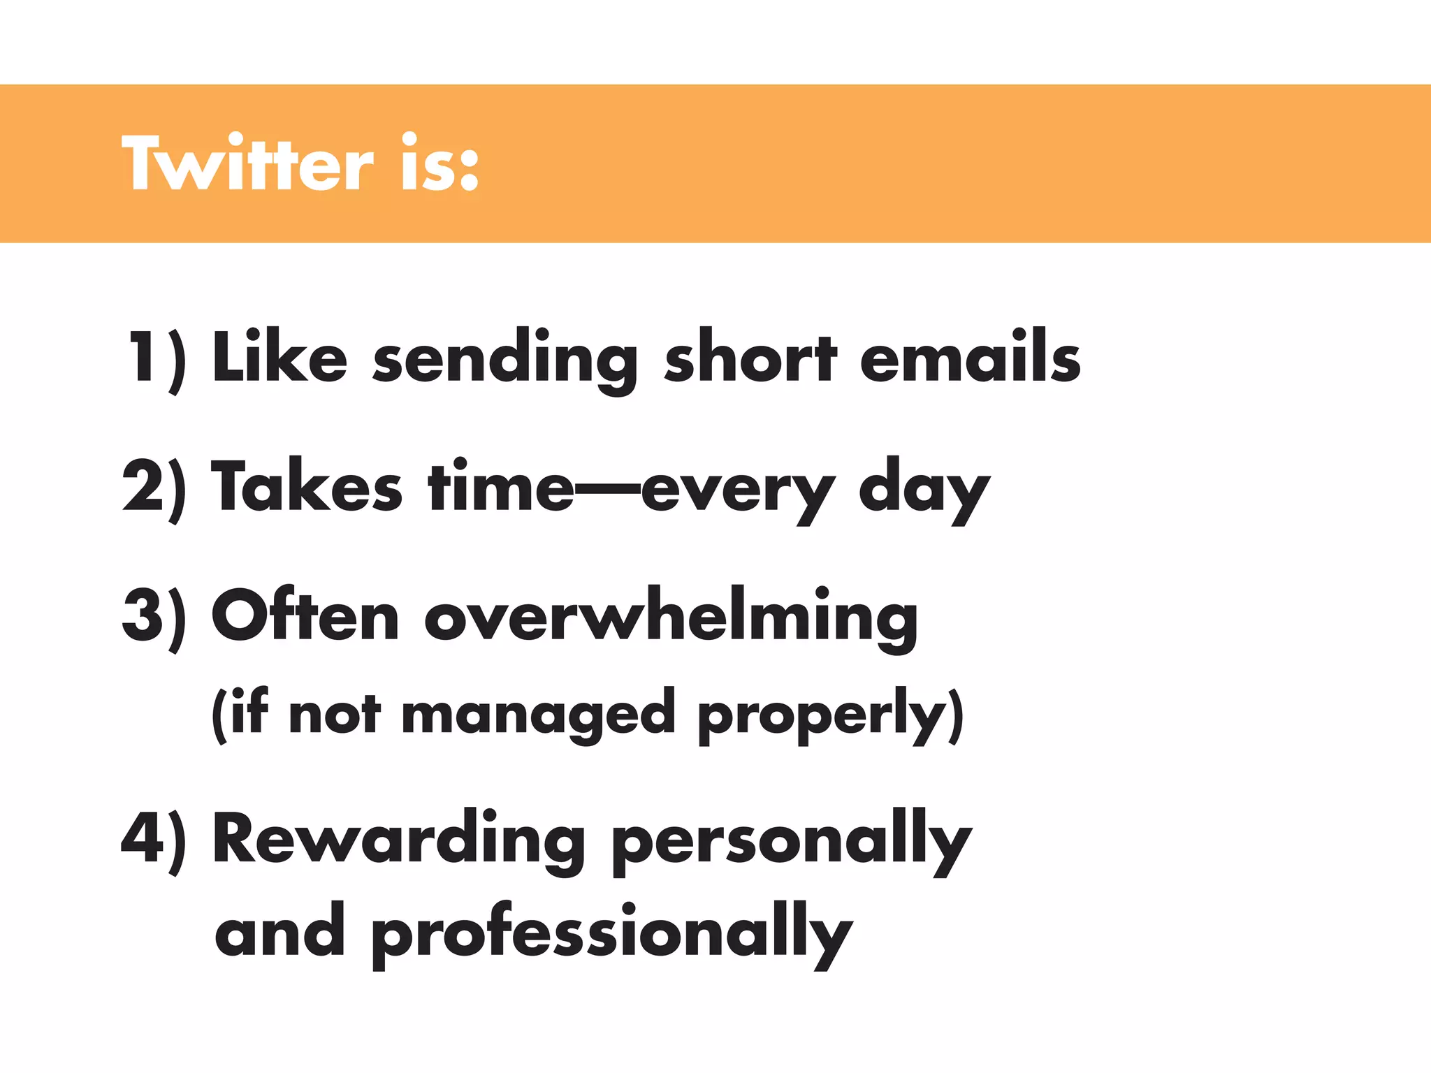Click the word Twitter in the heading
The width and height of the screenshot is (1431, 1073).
point(248,163)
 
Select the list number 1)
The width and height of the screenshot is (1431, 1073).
point(157,358)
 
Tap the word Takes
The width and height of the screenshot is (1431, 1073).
point(307,487)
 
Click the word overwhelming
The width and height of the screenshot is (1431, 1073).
point(671,618)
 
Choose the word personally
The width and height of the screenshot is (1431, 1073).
point(792,843)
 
